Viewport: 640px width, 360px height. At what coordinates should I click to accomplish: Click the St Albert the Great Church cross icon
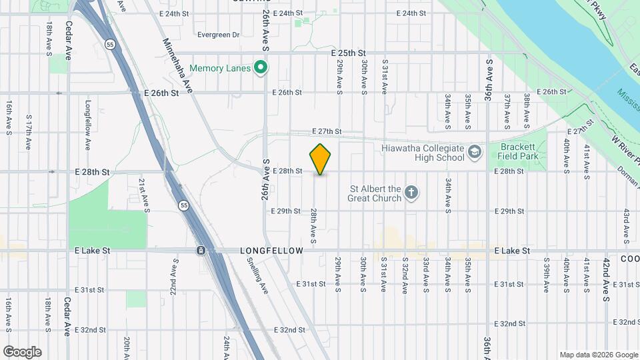(412, 193)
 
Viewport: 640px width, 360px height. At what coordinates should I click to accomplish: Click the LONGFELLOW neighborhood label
(271, 251)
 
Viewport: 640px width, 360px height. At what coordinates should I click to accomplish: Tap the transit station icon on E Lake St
(201, 251)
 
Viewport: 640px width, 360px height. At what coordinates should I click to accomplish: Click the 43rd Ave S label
(627, 225)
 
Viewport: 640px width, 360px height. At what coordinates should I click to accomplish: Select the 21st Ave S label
(142, 194)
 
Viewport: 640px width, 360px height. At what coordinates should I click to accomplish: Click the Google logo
(22, 352)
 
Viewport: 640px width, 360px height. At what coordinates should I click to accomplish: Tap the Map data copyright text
(598, 355)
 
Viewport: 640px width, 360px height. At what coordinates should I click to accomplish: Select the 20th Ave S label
(127, 347)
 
